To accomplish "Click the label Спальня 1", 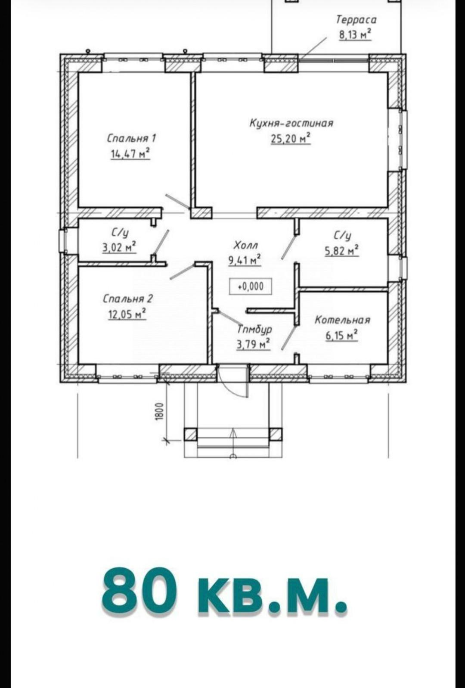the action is pos(131,138).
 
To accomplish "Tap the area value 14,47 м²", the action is pos(130,153).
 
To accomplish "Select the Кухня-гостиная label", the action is pos(291,123).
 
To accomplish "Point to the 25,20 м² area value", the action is pos(291,138).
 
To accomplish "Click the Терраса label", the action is pos(356,20).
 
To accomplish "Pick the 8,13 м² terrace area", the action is pos(355,34).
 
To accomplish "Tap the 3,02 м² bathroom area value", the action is pos(119,247).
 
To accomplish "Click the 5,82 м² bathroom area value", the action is pos(342,250).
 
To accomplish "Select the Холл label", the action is pos(245,246).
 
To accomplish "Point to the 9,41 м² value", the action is pos(244,260).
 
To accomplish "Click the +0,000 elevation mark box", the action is pos(251,286).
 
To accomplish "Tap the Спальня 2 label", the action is pos(128,299).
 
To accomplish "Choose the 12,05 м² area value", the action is pos(127,314).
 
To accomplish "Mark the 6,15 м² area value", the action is pos(341,335).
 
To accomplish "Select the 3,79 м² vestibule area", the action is pos(253,344).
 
